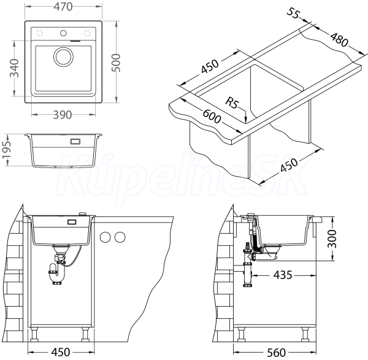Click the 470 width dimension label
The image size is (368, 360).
pos(63,7)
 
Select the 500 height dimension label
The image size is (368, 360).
pos(116,63)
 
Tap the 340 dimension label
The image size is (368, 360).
pos(14,68)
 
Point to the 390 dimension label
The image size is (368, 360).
pos(62,115)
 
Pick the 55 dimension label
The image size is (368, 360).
pos(293,13)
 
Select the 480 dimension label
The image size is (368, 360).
pos(339,39)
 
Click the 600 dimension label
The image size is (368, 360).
pos(212,116)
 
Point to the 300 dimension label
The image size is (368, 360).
pos(332,239)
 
